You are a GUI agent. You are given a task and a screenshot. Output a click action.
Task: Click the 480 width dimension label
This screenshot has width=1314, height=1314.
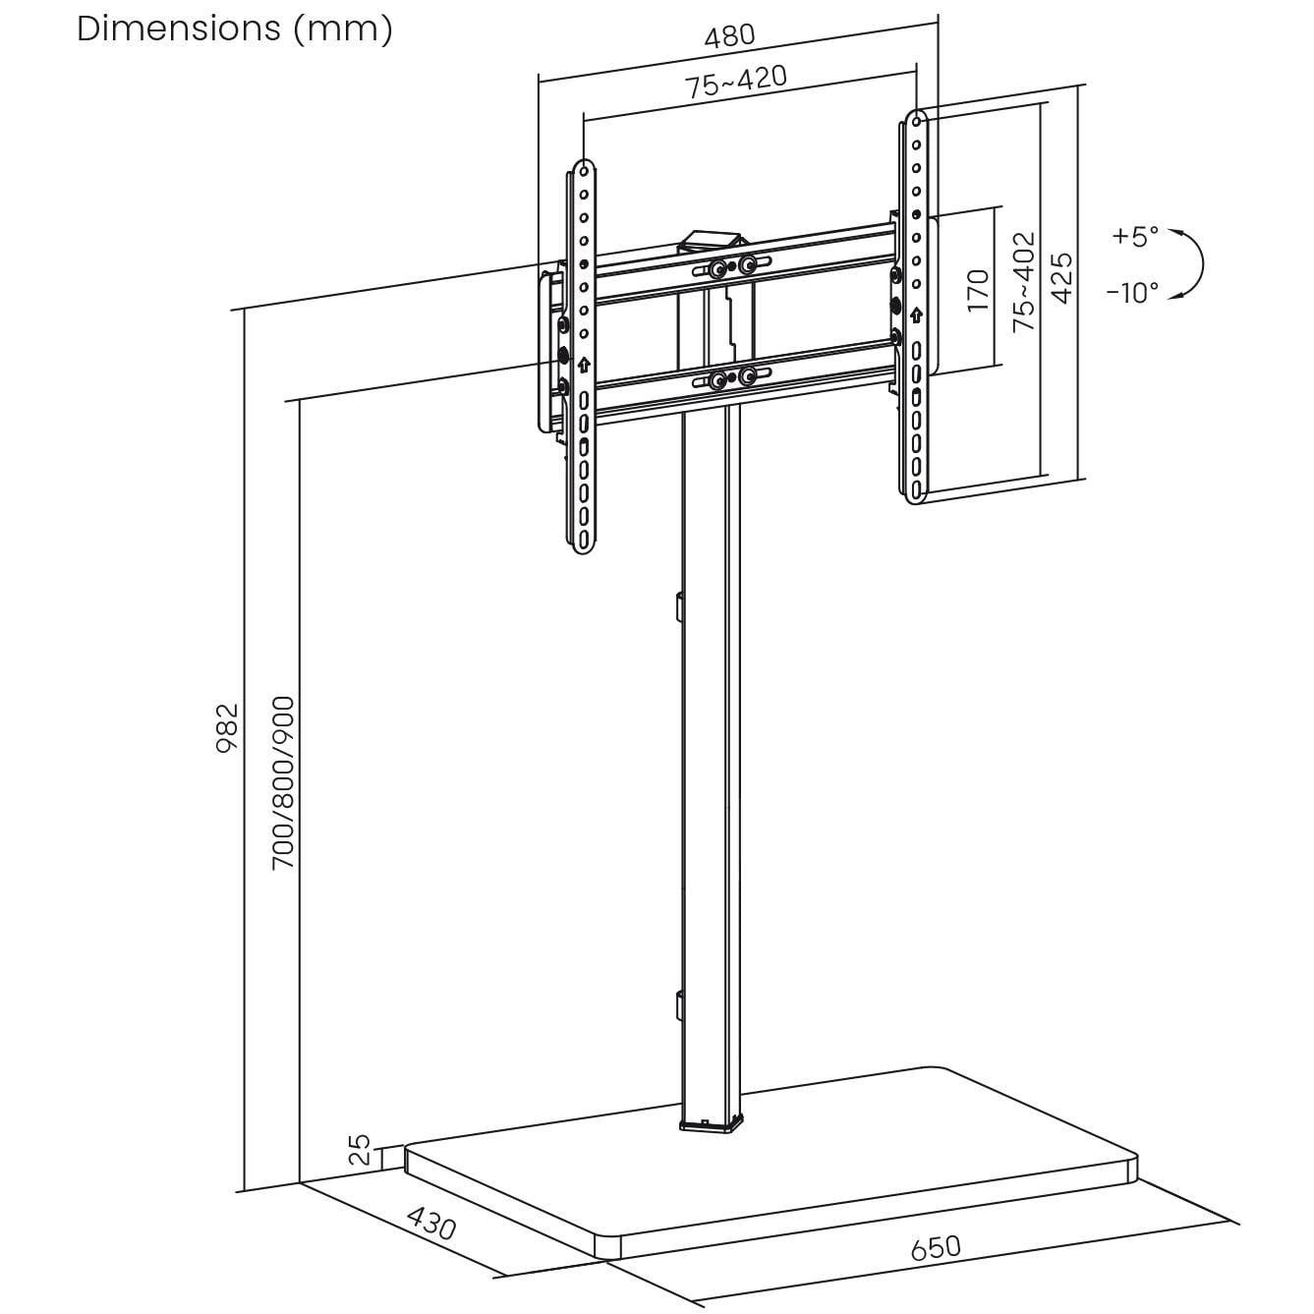pyautogui.click(x=729, y=35)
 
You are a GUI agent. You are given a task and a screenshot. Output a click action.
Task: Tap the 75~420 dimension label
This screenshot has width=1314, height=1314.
pyautogui.click(x=736, y=83)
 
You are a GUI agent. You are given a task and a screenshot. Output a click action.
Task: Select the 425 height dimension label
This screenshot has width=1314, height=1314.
pyautogui.click(x=1062, y=278)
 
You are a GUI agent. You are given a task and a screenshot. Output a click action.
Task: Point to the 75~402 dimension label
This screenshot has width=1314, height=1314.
pyautogui.click(x=1024, y=281)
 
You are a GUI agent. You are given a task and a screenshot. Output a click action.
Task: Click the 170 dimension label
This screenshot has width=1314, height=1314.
pyautogui.click(x=978, y=290)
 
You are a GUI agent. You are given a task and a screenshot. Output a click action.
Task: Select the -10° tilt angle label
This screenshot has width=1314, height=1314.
pyautogui.click(x=1131, y=292)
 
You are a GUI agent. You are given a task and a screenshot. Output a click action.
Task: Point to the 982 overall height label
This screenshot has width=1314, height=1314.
pyautogui.click(x=227, y=726)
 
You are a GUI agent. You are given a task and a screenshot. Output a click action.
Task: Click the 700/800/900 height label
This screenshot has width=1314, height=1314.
pyautogui.click(x=283, y=782)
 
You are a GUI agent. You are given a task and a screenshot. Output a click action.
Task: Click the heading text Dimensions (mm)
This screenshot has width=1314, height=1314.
pyautogui.click(x=235, y=29)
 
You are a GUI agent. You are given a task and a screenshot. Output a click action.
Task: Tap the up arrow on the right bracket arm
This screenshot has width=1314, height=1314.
pyautogui.click(x=916, y=314)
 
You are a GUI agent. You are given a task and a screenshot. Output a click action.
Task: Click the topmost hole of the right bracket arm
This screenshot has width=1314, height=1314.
pyautogui.click(x=916, y=121)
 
